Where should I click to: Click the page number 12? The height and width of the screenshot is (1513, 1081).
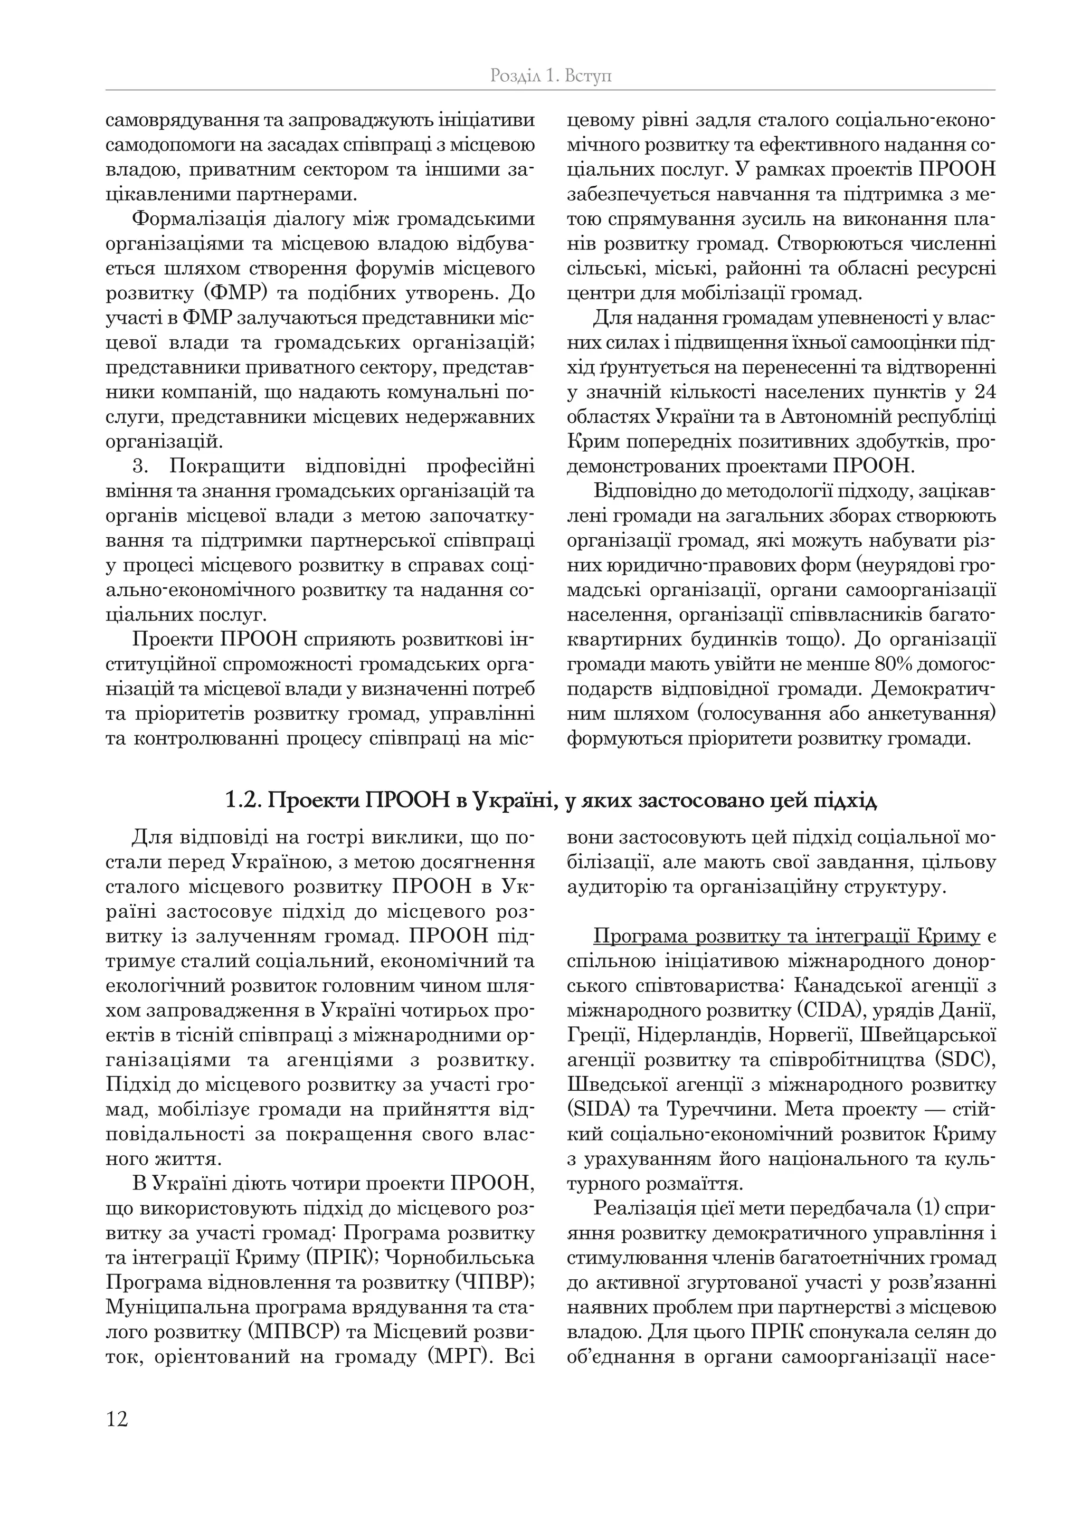click(117, 1419)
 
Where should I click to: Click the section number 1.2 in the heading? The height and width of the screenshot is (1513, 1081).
click(241, 801)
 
